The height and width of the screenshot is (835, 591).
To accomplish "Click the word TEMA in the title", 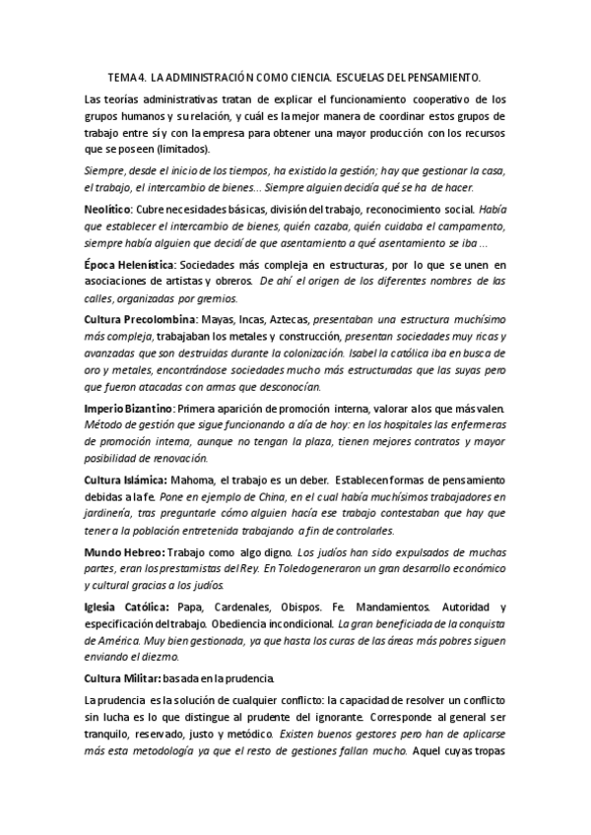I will click(122, 75).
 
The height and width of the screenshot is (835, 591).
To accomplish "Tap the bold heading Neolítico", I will click(111, 208).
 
